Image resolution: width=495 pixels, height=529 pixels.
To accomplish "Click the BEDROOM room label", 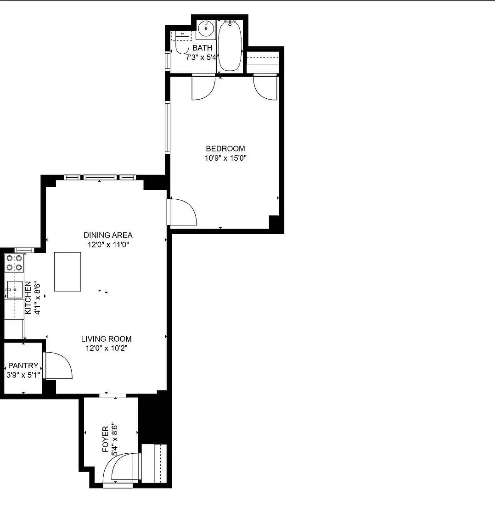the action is [225, 148].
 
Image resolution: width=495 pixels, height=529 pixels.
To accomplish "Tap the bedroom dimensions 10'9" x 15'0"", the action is [225, 158].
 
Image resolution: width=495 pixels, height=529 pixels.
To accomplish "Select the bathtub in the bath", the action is [230, 46].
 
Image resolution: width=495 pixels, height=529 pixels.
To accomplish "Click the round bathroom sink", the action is [206, 29].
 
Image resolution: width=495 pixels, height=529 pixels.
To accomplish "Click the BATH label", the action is [202, 48].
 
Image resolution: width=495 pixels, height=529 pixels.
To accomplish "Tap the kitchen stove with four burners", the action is [15, 263].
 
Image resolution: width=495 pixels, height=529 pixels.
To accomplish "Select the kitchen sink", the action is [15, 289].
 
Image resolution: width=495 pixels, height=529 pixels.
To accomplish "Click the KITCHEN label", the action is [28, 298].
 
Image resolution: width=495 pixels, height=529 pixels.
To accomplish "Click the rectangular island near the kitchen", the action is [67, 271].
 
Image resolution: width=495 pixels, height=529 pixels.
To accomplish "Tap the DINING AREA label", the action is [108, 235].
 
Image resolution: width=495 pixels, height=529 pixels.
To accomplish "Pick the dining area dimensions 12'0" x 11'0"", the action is [108, 245].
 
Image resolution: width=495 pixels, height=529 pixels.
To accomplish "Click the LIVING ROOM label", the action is [106, 339].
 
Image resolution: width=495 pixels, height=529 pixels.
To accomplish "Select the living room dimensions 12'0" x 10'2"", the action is [106, 348].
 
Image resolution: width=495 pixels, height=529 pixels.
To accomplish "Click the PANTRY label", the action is [23, 366].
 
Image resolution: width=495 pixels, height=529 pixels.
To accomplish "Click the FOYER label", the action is [105, 439].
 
